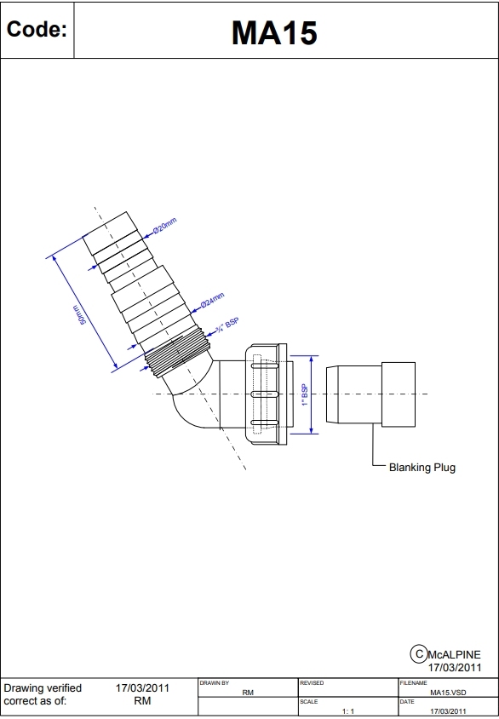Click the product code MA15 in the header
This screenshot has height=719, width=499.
coord(274,32)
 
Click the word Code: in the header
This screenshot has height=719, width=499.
coord(37,30)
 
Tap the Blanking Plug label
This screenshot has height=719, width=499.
coord(422,467)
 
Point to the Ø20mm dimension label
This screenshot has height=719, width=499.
coord(164,227)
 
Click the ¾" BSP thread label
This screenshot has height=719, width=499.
coord(227,326)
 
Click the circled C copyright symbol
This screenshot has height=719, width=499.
coord(418,653)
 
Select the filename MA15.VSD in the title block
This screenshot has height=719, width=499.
coord(448,693)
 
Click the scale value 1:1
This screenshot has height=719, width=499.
coord(347,710)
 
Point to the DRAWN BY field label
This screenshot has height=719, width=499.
coord(214,683)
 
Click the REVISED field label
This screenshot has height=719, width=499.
coord(312,683)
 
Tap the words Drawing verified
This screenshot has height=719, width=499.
coord(43,688)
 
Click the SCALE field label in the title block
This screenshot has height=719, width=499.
coord(308,701)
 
